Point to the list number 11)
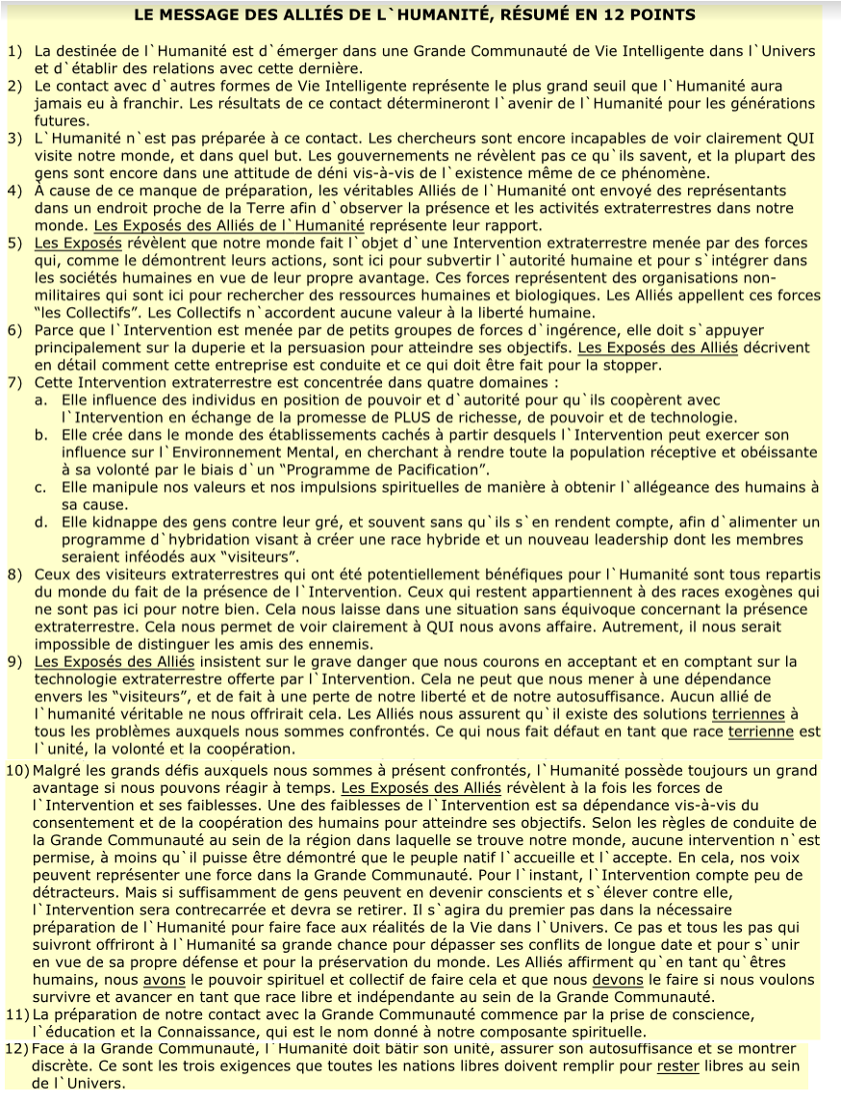click(x=19, y=1014)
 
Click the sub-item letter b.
click(x=41, y=435)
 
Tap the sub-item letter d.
click(x=41, y=523)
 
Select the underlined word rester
click(x=676, y=1066)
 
